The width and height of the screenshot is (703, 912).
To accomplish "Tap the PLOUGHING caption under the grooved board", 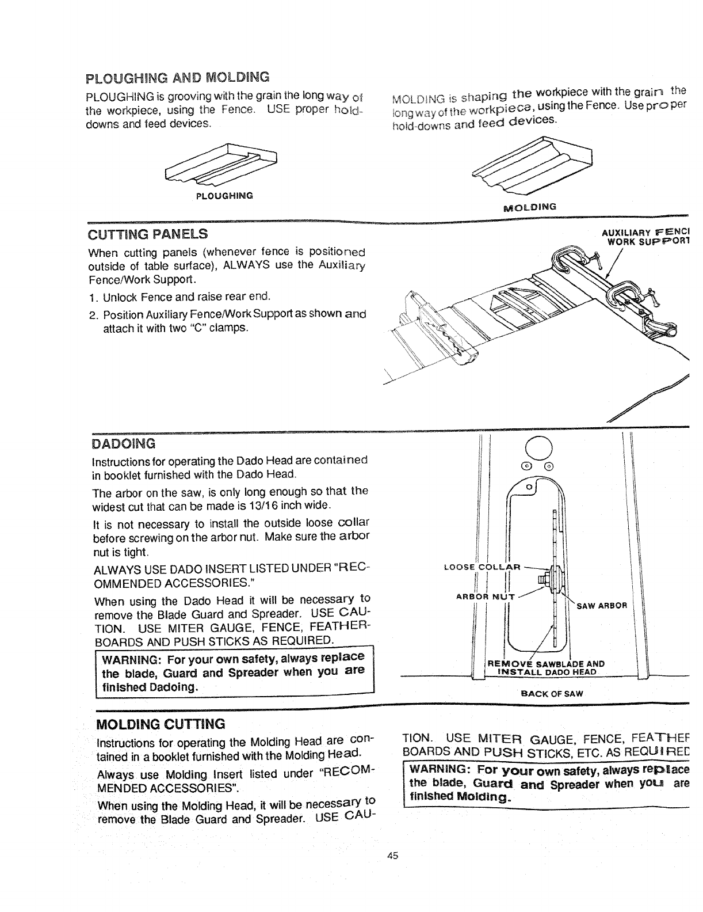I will (x=224, y=196).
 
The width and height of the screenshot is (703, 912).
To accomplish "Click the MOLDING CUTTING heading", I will (x=161, y=723).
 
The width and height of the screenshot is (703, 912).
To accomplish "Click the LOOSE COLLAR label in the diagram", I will (x=483, y=567).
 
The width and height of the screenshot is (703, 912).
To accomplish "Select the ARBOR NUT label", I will (x=486, y=595).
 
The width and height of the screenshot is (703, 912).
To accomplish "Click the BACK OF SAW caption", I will (x=551, y=694).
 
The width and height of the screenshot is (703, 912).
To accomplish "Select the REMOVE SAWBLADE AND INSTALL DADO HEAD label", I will (x=537, y=667).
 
